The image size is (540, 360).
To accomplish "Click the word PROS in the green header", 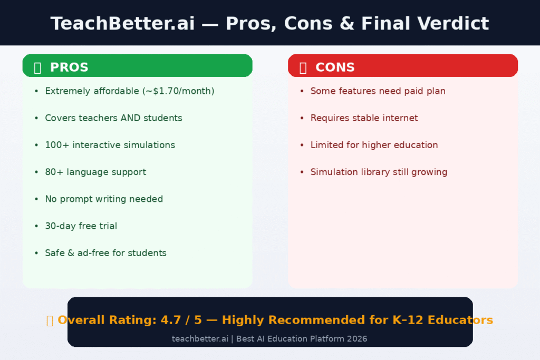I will point(69,67).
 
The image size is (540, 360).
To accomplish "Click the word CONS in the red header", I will point(335,67).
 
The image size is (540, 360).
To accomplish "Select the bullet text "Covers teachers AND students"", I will point(113,118).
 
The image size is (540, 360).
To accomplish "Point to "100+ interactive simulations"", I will point(110,145).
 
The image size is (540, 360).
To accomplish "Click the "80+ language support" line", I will point(95,172).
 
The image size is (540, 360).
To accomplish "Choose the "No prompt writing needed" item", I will point(104,199).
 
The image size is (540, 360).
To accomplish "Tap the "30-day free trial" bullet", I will point(81,226).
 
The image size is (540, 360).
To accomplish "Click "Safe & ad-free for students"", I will point(105,253).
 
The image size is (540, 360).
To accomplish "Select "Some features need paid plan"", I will point(378,91).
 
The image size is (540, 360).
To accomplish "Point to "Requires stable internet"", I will point(364,118).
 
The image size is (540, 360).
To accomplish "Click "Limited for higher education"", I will point(374,145).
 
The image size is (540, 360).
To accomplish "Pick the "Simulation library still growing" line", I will point(379,172).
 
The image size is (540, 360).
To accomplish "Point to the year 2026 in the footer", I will point(356,338).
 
